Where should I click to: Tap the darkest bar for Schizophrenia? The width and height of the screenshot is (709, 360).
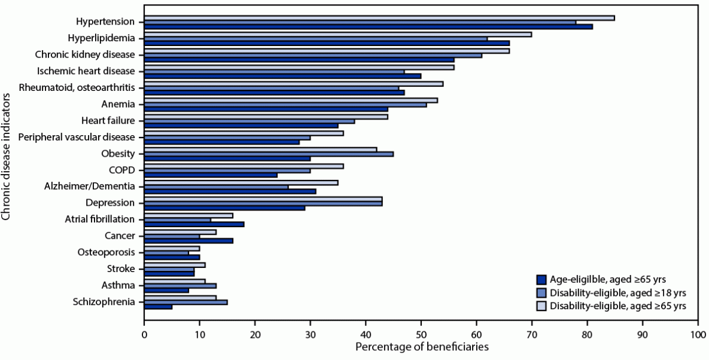158,307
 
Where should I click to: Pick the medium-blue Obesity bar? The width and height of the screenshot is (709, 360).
269,154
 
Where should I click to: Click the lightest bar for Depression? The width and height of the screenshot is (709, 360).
263,199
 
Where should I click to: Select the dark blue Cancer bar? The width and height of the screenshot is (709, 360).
188,241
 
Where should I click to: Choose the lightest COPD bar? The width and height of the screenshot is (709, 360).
244,166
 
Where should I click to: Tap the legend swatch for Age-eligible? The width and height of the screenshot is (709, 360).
542,279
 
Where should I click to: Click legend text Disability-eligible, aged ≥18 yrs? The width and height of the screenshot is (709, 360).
617,292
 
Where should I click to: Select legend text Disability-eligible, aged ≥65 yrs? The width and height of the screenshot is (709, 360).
617,306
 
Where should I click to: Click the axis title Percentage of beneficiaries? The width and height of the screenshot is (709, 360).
421,346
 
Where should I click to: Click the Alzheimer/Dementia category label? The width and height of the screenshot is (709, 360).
88,186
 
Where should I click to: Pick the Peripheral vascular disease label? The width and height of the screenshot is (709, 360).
77,137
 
